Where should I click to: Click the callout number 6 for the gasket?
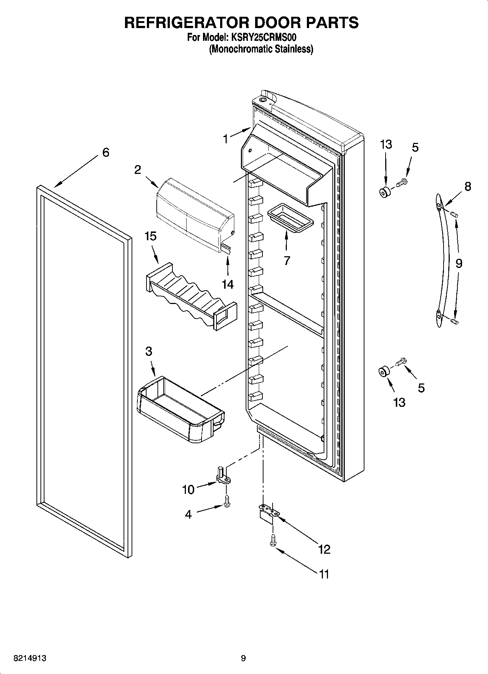(105, 152)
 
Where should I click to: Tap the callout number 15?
(150, 236)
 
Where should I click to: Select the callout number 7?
(287, 261)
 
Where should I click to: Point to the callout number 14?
(228, 284)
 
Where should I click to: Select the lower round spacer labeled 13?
(384, 373)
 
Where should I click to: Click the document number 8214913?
(30, 658)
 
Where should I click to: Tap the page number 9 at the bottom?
(243, 658)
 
